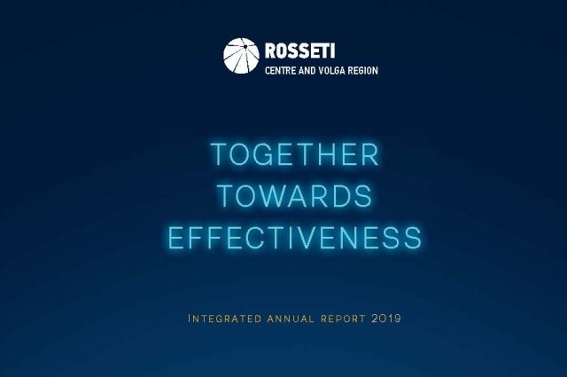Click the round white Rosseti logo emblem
pyautogui.click(x=241, y=56)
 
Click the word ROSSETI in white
pyautogui.click(x=299, y=51)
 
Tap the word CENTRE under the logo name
pyautogui.click(x=280, y=70)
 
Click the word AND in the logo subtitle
pyautogui.click(x=307, y=70)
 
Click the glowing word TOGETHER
pyautogui.click(x=294, y=154)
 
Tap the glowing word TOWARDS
pyautogui.click(x=295, y=195)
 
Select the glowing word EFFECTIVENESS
pyautogui.click(x=295, y=237)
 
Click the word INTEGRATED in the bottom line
pyautogui.click(x=224, y=318)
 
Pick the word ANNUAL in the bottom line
pyautogui.click(x=291, y=318)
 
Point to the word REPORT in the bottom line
pyautogui.click(x=343, y=318)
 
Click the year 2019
pyautogui.click(x=386, y=318)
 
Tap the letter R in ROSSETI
pyautogui.click(x=271, y=51)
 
